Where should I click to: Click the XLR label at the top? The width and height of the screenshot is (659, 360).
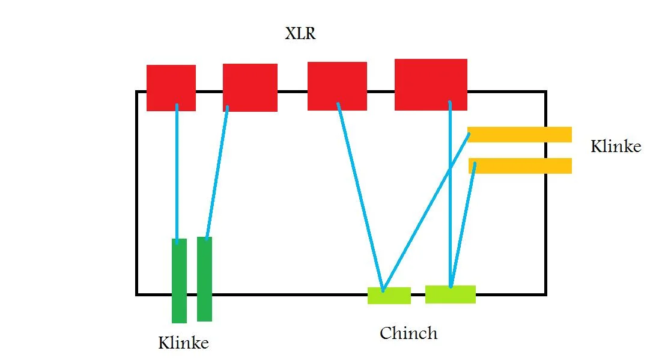[x=300, y=34]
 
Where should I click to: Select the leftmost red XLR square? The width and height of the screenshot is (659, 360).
[x=171, y=88]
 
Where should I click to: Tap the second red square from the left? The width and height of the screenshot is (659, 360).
[x=250, y=87]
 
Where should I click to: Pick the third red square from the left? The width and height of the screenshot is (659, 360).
[x=337, y=86]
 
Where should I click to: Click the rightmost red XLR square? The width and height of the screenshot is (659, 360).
[x=431, y=84]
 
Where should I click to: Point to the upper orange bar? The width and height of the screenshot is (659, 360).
[x=519, y=135]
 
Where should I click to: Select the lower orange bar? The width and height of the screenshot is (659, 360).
[x=520, y=165]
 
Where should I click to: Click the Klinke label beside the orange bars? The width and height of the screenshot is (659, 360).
[x=616, y=147]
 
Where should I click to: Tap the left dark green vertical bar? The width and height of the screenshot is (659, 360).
[x=179, y=281]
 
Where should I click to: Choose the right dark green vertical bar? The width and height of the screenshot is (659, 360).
[x=204, y=279]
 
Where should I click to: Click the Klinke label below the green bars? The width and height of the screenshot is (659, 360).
[x=183, y=343]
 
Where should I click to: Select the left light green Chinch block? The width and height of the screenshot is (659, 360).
[x=389, y=296]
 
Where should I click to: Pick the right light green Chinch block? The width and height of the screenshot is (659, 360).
[x=451, y=294]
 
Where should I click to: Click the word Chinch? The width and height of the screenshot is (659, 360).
[x=408, y=333]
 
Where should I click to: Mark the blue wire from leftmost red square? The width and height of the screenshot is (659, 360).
[x=177, y=174]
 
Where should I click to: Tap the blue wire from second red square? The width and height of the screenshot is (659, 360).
[x=217, y=174]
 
